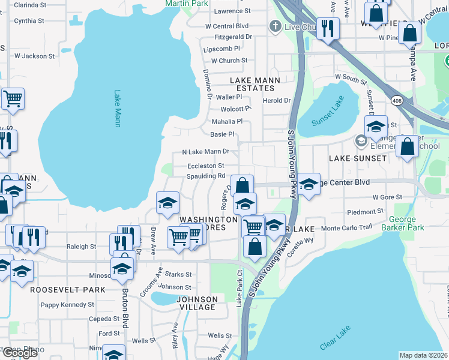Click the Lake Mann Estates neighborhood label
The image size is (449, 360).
pyautogui.click(x=252, y=84)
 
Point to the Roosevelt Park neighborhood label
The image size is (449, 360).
pyautogui.click(x=59, y=289)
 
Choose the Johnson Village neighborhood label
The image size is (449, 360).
pyautogui.click(x=197, y=303)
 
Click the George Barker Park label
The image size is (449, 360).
pyautogui.click(x=406, y=224)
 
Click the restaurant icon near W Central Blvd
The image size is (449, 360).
pyautogui.click(x=328, y=28)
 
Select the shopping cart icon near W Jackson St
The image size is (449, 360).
pyautogui.click(x=13, y=98)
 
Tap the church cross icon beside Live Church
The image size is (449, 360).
pyautogui.click(x=275, y=26)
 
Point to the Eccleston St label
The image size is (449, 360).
pyautogui.click(x=205, y=166)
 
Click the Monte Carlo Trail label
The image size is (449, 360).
pyautogui.click(x=347, y=229)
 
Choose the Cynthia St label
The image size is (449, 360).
pyautogui.click(x=29, y=20)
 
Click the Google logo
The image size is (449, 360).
pyautogui.click(x=19, y=353)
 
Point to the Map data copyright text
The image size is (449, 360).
pyautogui.click(x=423, y=355)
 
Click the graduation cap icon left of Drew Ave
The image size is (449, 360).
pyautogui.click(x=168, y=203)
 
